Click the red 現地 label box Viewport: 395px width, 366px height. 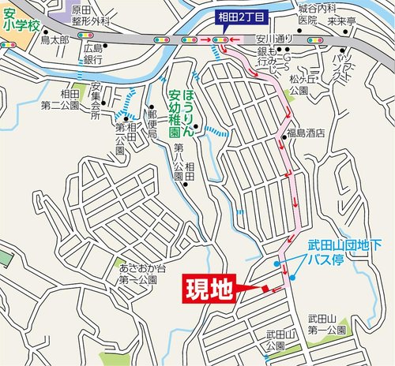(209, 289)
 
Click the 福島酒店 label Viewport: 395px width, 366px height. (310, 133)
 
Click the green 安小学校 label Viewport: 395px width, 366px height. (20, 18)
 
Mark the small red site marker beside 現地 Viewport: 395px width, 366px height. (265, 288)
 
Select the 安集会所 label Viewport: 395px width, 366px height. (96, 100)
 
